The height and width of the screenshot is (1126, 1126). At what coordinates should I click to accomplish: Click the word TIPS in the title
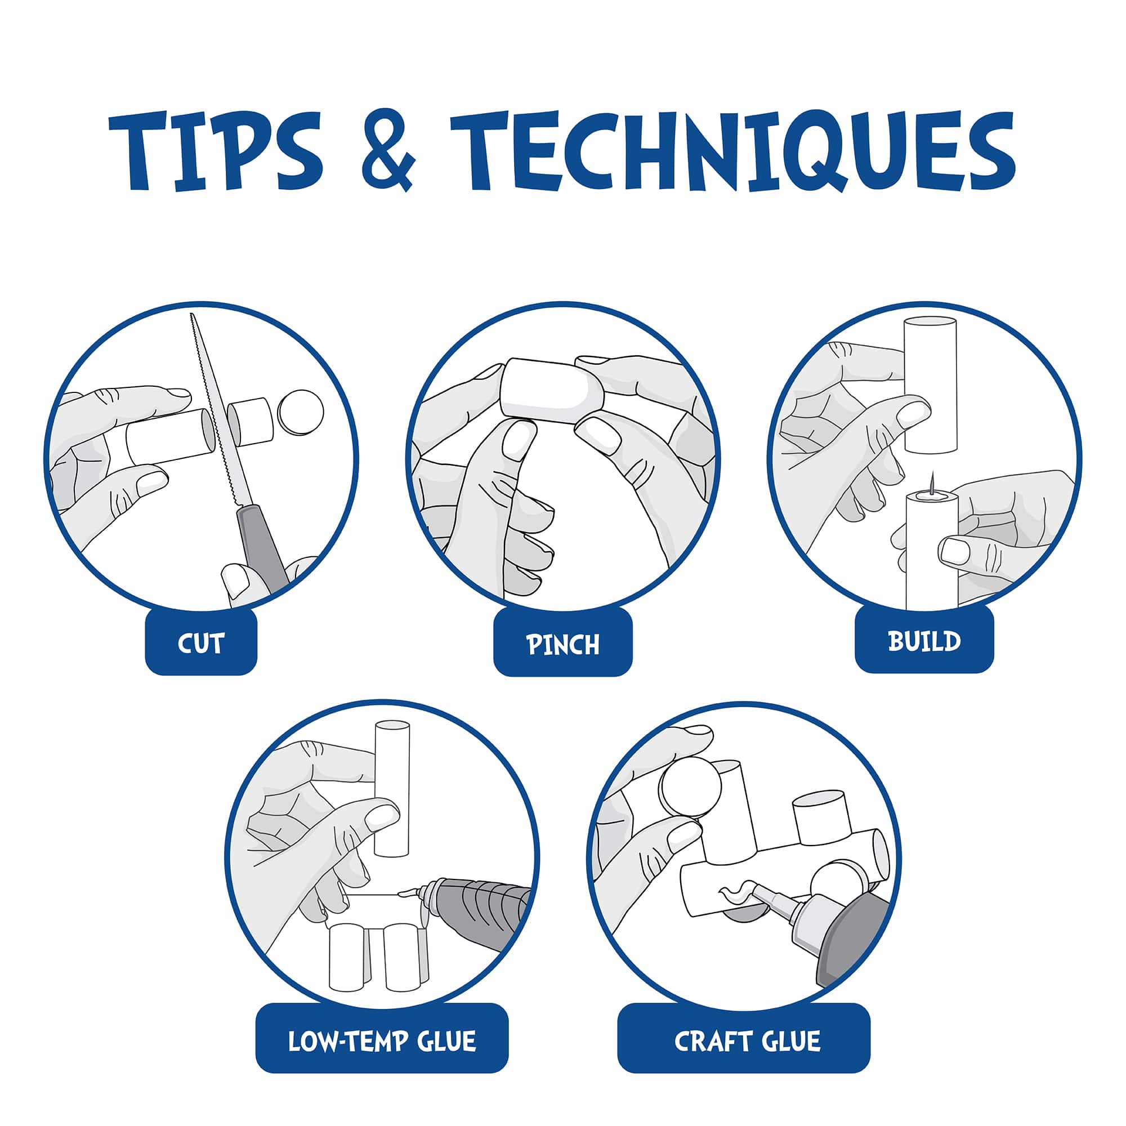point(215,150)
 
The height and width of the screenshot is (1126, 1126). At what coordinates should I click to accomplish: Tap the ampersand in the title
point(388,150)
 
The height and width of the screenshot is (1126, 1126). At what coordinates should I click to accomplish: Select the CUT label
point(201,643)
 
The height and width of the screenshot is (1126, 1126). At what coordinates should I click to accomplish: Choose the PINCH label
point(563,644)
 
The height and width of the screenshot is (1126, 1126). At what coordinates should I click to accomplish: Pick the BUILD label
point(924,641)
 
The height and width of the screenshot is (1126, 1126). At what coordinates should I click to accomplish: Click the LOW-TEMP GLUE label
point(382,1042)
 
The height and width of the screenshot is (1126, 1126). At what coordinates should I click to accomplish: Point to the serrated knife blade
point(218,411)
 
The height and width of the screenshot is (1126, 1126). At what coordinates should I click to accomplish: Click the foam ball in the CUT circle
point(301,412)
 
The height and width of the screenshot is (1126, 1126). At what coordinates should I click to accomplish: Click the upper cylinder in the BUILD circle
point(930,385)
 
